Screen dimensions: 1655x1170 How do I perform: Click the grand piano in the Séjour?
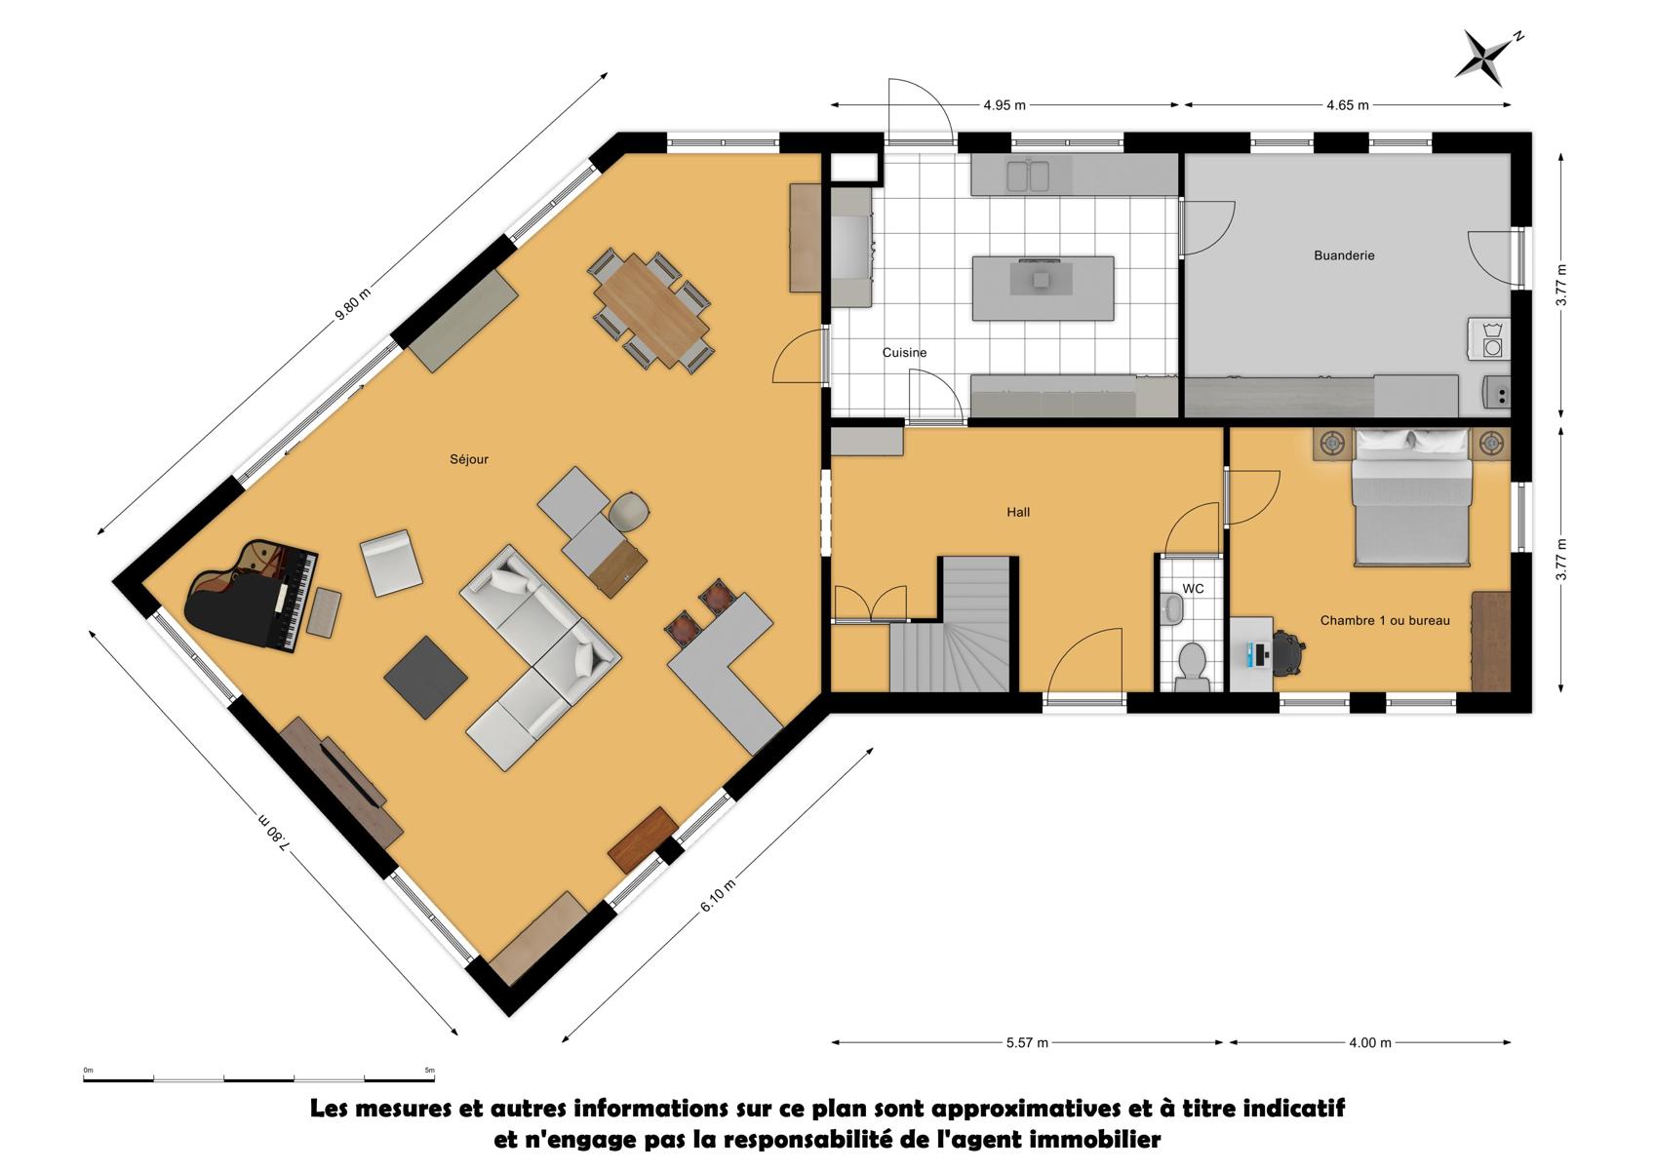click(x=252, y=596)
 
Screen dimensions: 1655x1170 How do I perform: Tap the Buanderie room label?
click(x=1344, y=255)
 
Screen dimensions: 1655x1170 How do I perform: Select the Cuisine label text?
click(x=904, y=352)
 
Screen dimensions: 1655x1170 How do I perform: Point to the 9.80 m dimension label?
click(x=352, y=304)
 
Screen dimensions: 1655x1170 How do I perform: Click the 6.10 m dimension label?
click(x=718, y=895)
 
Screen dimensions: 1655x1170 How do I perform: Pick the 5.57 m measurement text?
click(x=1027, y=1043)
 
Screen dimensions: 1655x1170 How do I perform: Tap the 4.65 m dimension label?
click(x=1348, y=105)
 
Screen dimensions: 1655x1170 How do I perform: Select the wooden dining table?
click(x=651, y=309)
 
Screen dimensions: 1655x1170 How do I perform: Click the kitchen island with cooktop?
click(x=1043, y=288)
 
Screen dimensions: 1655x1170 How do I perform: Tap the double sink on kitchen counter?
click(x=1028, y=175)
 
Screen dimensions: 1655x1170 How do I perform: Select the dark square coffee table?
click(x=425, y=677)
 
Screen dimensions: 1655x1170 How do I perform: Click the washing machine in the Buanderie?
click(x=1489, y=339)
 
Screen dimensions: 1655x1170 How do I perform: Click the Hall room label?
click(x=1018, y=512)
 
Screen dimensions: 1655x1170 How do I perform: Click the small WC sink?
click(x=1172, y=607)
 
